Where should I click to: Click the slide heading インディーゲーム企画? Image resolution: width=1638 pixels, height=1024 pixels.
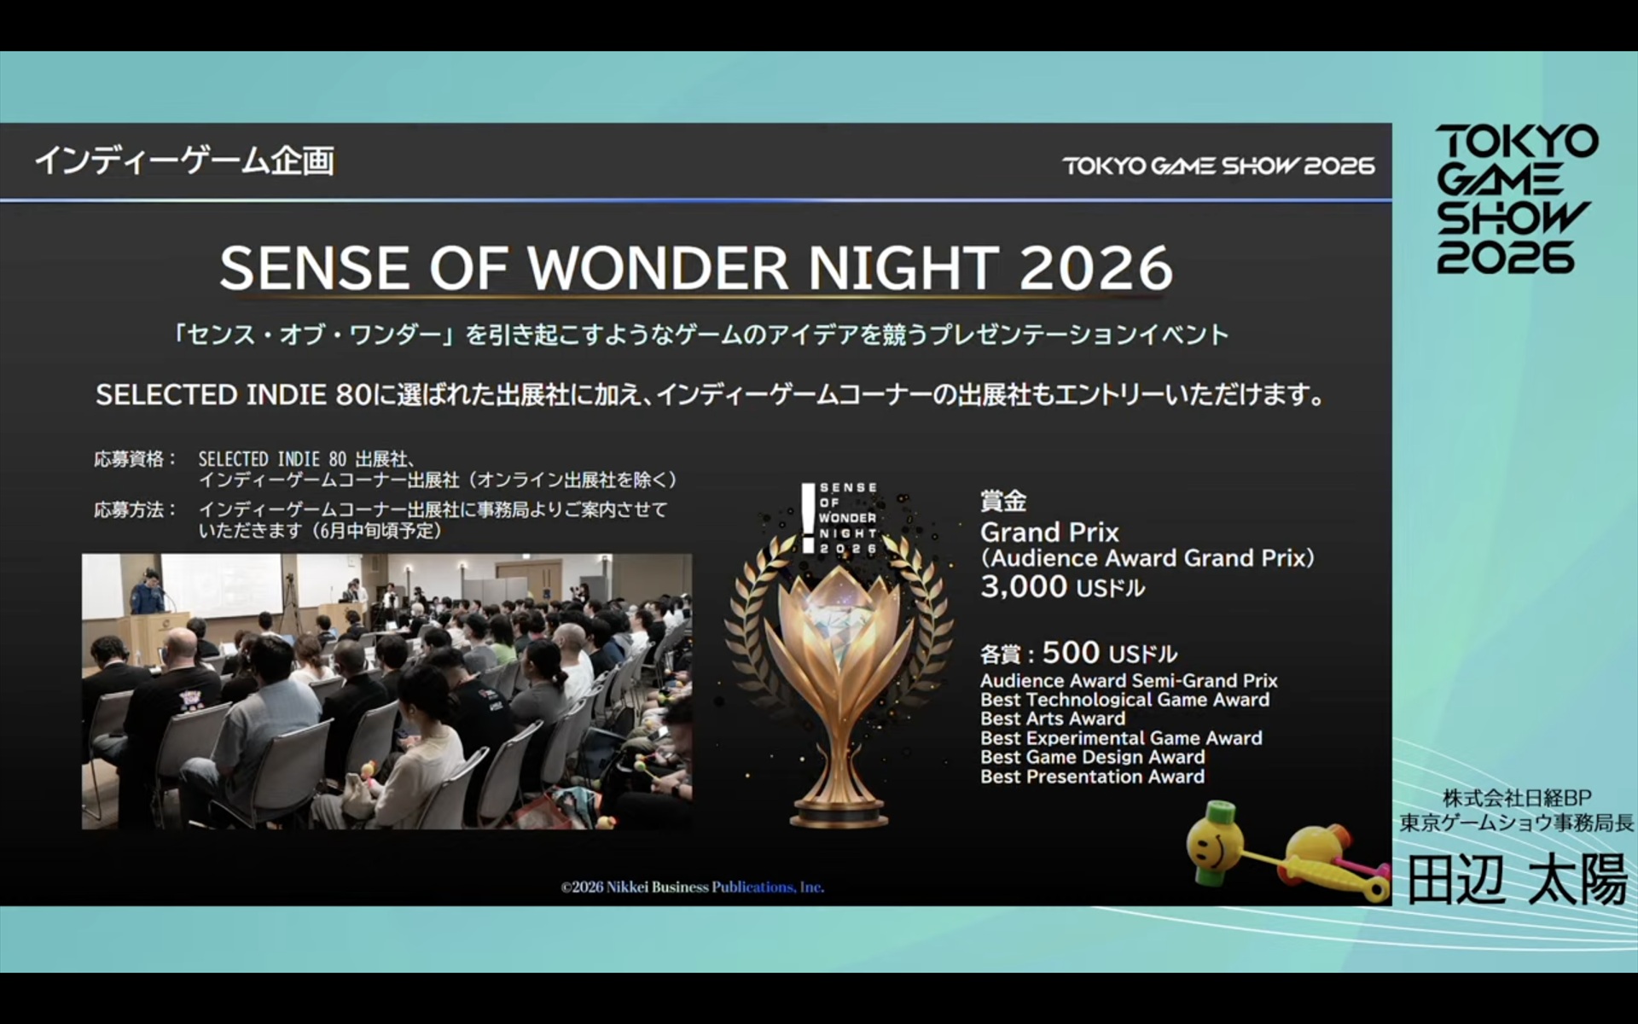coord(184,160)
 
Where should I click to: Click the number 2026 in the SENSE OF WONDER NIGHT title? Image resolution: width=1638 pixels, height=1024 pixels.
coord(1096,268)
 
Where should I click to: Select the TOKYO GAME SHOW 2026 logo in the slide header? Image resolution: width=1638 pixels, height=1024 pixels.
coord(1218,165)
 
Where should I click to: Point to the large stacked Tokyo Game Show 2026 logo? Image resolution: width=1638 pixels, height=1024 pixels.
coord(1516,199)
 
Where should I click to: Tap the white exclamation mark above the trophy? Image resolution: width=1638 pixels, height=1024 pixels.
coord(808,518)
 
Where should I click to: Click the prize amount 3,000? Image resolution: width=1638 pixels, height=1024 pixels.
coord(1024,587)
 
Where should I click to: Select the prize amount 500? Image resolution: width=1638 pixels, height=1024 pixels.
coord(1071,653)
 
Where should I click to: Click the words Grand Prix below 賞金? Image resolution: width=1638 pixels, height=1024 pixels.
coord(1049,532)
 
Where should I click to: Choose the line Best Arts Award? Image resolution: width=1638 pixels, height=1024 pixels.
coord(1053,719)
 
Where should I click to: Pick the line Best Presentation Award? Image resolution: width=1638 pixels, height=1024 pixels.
coord(1093,777)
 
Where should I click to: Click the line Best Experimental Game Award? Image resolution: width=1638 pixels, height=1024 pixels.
coord(1121,738)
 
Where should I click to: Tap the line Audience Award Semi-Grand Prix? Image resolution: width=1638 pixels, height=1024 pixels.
coord(1129,681)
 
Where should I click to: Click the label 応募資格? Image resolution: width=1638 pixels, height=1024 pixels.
coord(130,459)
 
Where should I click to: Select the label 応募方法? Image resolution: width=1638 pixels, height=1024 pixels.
coord(130,509)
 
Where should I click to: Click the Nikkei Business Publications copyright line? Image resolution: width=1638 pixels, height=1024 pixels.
coord(693,887)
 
